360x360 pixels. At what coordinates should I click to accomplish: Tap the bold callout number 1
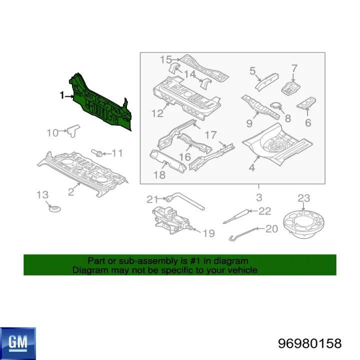click(x=62, y=95)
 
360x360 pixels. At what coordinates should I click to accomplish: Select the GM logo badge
click(x=18, y=343)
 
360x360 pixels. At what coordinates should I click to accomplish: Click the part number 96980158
click(x=309, y=344)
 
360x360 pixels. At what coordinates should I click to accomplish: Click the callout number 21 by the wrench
click(x=152, y=199)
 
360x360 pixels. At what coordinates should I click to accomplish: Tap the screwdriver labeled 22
click(x=236, y=216)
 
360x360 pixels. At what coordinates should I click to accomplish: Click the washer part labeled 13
click(x=55, y=209)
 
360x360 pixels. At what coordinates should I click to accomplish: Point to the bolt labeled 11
click(x=97, y=152)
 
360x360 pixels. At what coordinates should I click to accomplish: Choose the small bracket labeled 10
click(x=73, y=130)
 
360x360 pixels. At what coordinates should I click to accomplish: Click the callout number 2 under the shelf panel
click(x=71, y=191)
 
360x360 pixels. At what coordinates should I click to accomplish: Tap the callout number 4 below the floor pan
click(x=252, y=167)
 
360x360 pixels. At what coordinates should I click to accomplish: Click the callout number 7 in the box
click(x=294, y=68)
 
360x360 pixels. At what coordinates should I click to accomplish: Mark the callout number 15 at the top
click(x=166, y=59)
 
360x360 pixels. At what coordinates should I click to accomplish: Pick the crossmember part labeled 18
click(x=167, y=161)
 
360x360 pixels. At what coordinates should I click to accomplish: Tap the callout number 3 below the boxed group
click(x=259, y=197)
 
